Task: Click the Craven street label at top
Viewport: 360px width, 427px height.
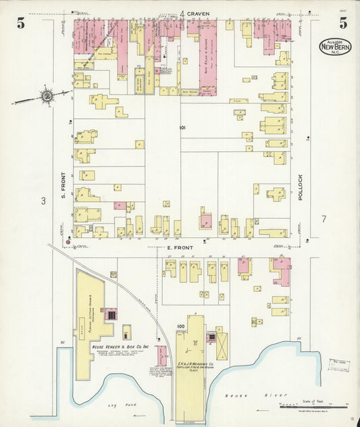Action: [x=199, y=14]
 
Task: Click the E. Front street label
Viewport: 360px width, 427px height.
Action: [x=180, y=248]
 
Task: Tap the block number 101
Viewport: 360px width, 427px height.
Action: [x=182, y=127]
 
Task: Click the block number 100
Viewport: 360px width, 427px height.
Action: [x=180, y=327]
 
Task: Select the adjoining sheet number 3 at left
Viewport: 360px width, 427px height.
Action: [x=42, y=201]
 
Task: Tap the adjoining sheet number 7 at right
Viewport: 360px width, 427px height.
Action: [x=324, y=219]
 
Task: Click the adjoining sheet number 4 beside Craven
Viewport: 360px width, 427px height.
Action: [x=182, y=14]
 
